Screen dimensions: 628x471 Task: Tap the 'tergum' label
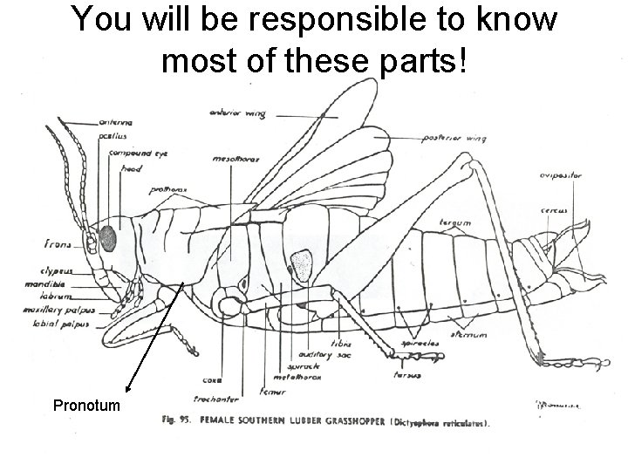(454, 223)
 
